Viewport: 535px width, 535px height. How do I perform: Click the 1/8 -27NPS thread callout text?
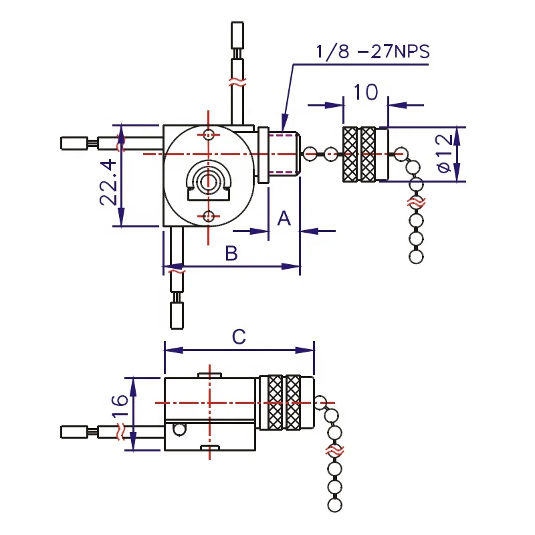[x=372, y=51]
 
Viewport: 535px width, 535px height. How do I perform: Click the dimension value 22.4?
[x=110, y=183]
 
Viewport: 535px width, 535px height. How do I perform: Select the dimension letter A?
[x=284, y=218]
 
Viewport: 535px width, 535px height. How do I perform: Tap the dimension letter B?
[x=231, y=253]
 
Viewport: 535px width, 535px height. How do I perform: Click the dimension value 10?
[x=365, y=92]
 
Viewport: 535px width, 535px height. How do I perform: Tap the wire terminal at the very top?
[x=237, y=34]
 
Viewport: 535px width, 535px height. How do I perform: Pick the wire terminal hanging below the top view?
[x=177, y=316]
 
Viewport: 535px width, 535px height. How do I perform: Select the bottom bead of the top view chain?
[x=416, y=256]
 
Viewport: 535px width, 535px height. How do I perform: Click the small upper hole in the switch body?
[x=209, y=134]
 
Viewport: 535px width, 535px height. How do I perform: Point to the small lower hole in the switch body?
[x=209, y=215]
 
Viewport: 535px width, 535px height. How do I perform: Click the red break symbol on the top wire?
[x=237, y=83]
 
